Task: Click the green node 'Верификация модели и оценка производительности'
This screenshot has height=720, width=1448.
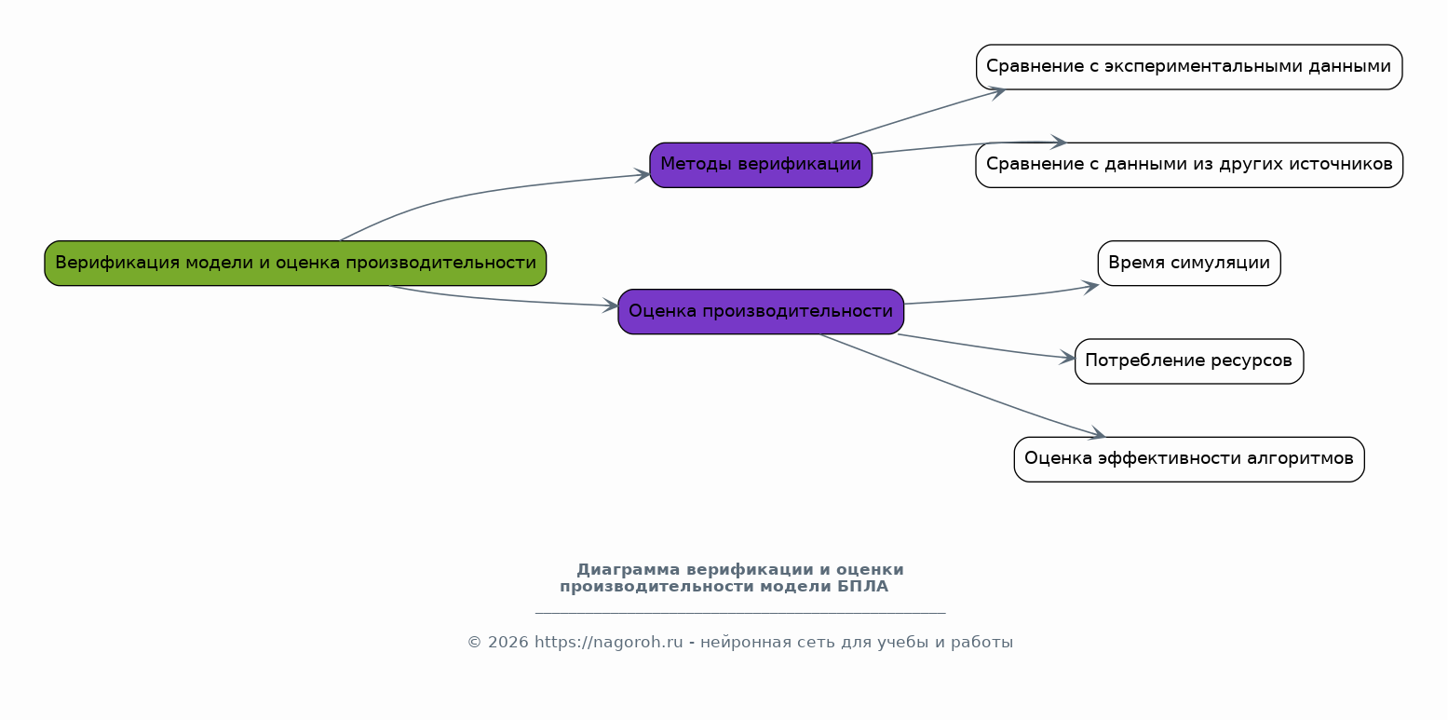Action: point(295,263)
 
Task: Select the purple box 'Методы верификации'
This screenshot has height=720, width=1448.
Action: point(761,165)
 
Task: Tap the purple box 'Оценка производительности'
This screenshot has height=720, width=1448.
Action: point(761,311)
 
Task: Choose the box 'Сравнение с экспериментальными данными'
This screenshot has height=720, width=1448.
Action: point(1189,66)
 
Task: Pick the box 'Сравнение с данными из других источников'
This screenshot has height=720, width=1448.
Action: point(1189,165)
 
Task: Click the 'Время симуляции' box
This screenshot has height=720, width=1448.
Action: point(1189,263)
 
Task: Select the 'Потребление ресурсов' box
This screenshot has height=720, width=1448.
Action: point(1189,360)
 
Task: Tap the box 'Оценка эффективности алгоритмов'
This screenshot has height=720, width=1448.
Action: point(1189,459)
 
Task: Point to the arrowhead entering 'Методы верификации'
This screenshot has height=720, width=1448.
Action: point(642,175)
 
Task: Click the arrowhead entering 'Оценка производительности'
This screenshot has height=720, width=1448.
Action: point(610,306)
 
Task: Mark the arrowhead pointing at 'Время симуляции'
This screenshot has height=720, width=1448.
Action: point(1090,286)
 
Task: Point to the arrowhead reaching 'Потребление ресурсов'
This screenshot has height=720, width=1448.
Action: point(1067,358)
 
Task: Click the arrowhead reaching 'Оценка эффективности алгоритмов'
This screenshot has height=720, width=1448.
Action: point(1097,433)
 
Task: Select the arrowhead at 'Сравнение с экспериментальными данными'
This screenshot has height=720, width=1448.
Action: point(997,92)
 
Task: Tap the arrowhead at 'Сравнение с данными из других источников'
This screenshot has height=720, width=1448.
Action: point(1058,142)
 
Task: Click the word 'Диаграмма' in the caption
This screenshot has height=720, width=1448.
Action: point(629,569)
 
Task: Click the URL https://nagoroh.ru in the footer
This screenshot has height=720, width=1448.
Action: point(608,643)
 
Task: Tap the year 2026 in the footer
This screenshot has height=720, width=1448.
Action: point(508,643)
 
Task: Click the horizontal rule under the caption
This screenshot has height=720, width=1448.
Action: point(740,612)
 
